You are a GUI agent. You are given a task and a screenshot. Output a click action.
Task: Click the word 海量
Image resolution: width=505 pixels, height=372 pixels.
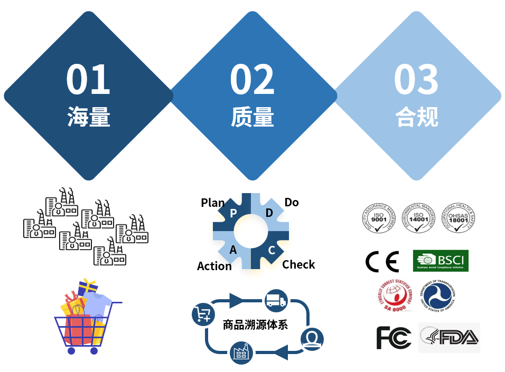tap(89, 117)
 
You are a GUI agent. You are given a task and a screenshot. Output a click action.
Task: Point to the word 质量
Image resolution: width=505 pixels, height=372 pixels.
tap(253, 117)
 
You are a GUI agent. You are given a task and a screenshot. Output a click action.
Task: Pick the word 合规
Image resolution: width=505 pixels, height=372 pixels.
tap(417, 117)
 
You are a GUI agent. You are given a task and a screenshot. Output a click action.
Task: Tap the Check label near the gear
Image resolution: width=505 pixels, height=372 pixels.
tap(298, 264)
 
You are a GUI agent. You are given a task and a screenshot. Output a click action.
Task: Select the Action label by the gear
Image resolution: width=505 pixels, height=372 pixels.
tap(214, 266)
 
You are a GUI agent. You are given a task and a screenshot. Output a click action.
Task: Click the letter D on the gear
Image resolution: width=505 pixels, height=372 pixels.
tap(269, 213)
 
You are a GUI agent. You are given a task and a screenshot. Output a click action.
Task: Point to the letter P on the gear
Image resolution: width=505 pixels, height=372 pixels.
tap(233, 213)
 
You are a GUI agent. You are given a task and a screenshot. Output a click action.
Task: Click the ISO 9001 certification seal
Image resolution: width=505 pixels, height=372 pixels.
tap(378, 217)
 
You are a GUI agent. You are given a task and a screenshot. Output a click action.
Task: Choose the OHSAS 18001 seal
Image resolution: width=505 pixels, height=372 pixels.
tap(459, 217)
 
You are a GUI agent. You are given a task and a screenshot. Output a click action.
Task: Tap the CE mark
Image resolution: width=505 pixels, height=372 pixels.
tap(382, 261)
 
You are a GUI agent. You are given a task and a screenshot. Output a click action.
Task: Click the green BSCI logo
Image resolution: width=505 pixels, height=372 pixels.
tap(440, 261)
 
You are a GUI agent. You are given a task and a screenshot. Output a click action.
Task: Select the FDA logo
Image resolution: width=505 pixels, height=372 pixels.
tap(450, 338)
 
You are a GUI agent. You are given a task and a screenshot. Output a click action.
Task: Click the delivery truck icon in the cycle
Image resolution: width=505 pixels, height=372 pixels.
tap(276, 301)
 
